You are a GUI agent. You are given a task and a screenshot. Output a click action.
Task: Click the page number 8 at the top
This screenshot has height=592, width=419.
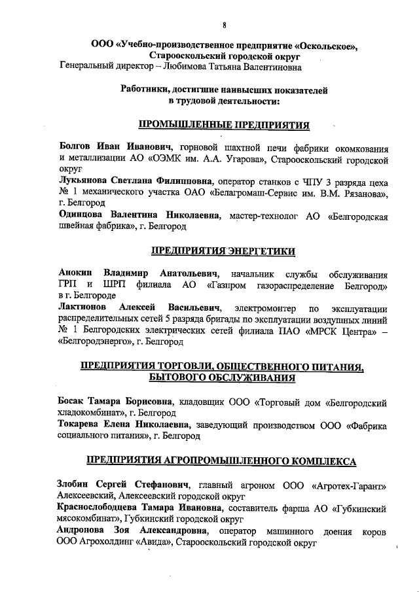click(224, 26)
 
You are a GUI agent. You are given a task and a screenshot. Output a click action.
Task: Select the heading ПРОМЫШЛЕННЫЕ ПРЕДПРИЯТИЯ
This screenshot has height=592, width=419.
click(224, 124)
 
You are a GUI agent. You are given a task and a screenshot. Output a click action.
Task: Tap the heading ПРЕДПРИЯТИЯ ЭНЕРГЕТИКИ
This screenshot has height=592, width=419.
click(224, 251)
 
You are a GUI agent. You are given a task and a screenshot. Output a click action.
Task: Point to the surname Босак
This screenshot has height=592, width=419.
click(71, 400)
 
